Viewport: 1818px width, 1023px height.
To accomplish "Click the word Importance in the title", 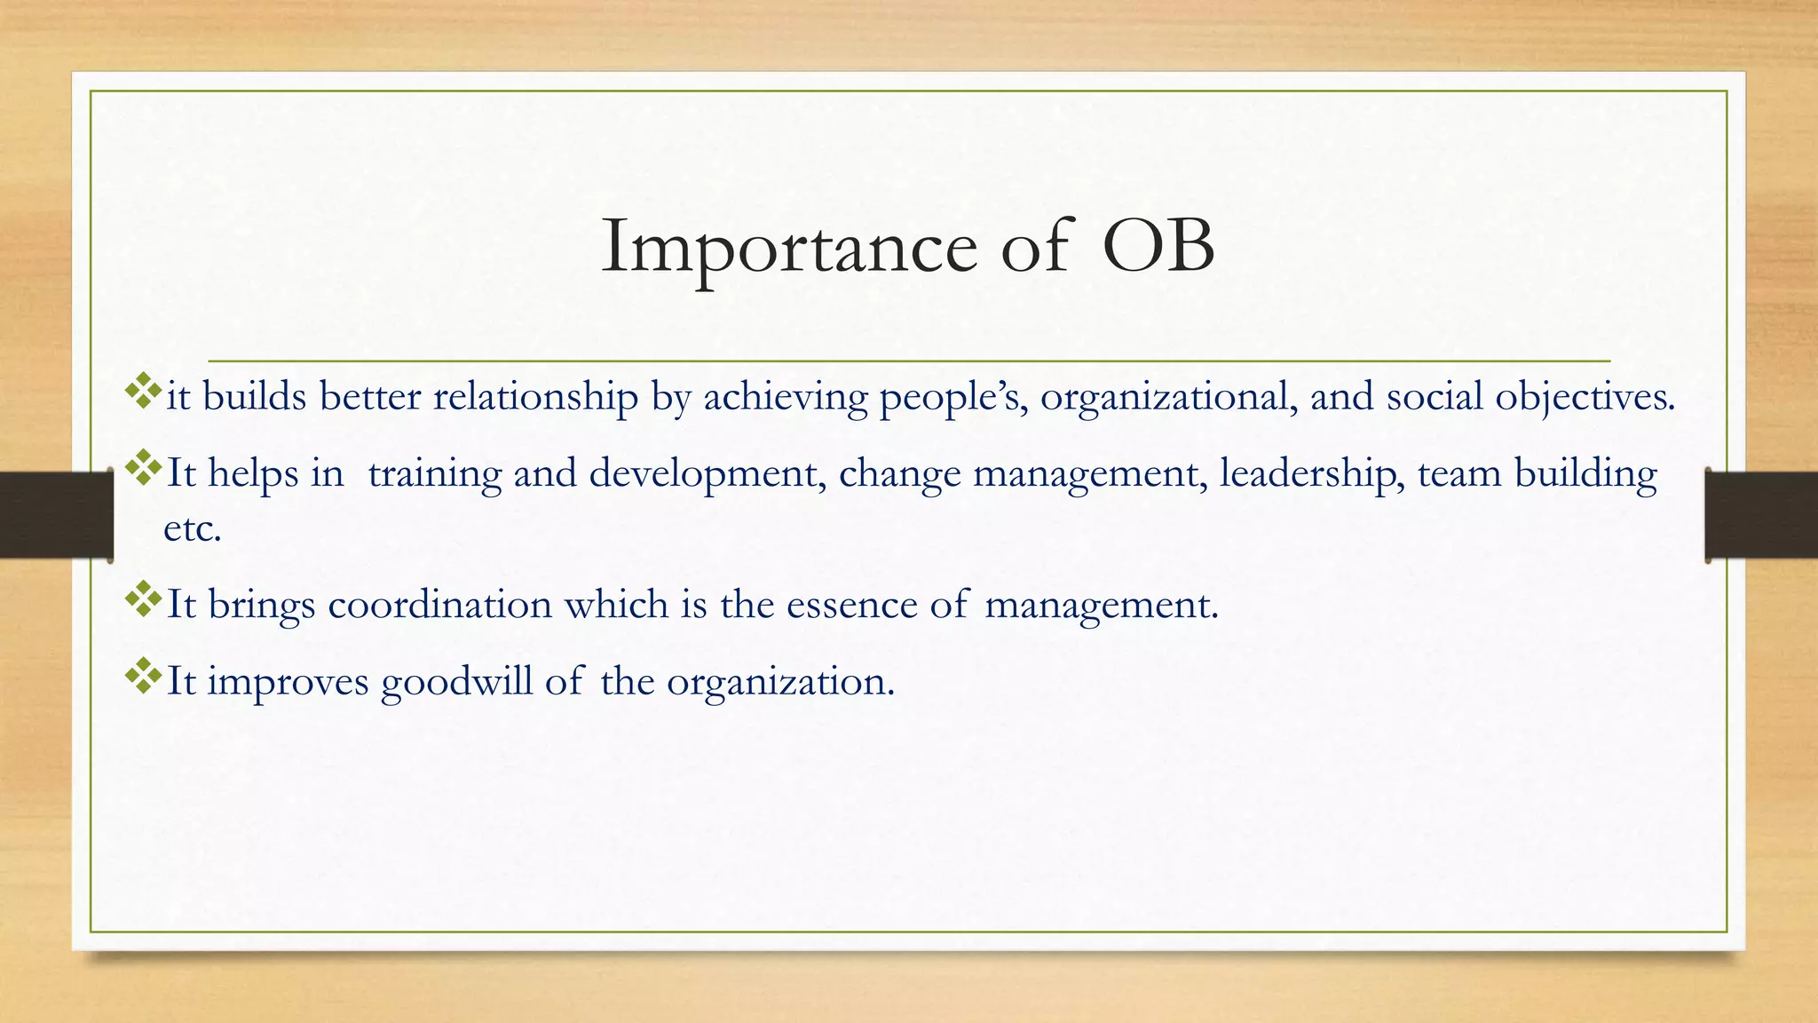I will pyautogui.click(x=789, y=247).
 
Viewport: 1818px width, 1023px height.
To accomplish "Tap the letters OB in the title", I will pyautogui.click(x=1158, y=247).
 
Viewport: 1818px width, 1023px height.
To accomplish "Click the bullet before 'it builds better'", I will pyautogui.click(x=143, y=392).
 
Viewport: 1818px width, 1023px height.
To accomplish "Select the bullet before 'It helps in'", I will pyautogui.click(x=143, y=468).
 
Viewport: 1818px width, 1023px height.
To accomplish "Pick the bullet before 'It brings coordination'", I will pyautogui.click(x=143, y=600).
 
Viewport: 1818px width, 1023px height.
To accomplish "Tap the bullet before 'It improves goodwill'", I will pyautogui.click(x=143, y=677).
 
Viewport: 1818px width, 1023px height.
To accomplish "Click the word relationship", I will pyautogui.click(x=535, y=397).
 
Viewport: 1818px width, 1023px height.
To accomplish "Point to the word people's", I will pyautogui.click(x=953, y=397).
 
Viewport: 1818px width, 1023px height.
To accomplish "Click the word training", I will pyautogui.click(x=434, y=473).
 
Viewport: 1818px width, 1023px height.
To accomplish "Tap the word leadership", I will pyautogui.click(x=1311, y=473).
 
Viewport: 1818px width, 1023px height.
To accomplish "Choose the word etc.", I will pyautogui.click(x=192, y=529).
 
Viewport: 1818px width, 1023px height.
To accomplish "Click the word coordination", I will pyautogui.click(x=440, y=606).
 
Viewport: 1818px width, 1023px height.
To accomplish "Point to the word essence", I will pyautogui.click(x=851, y=606).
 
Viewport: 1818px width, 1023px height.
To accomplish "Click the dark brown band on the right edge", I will pyautogui.click(x=1762, y=515).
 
